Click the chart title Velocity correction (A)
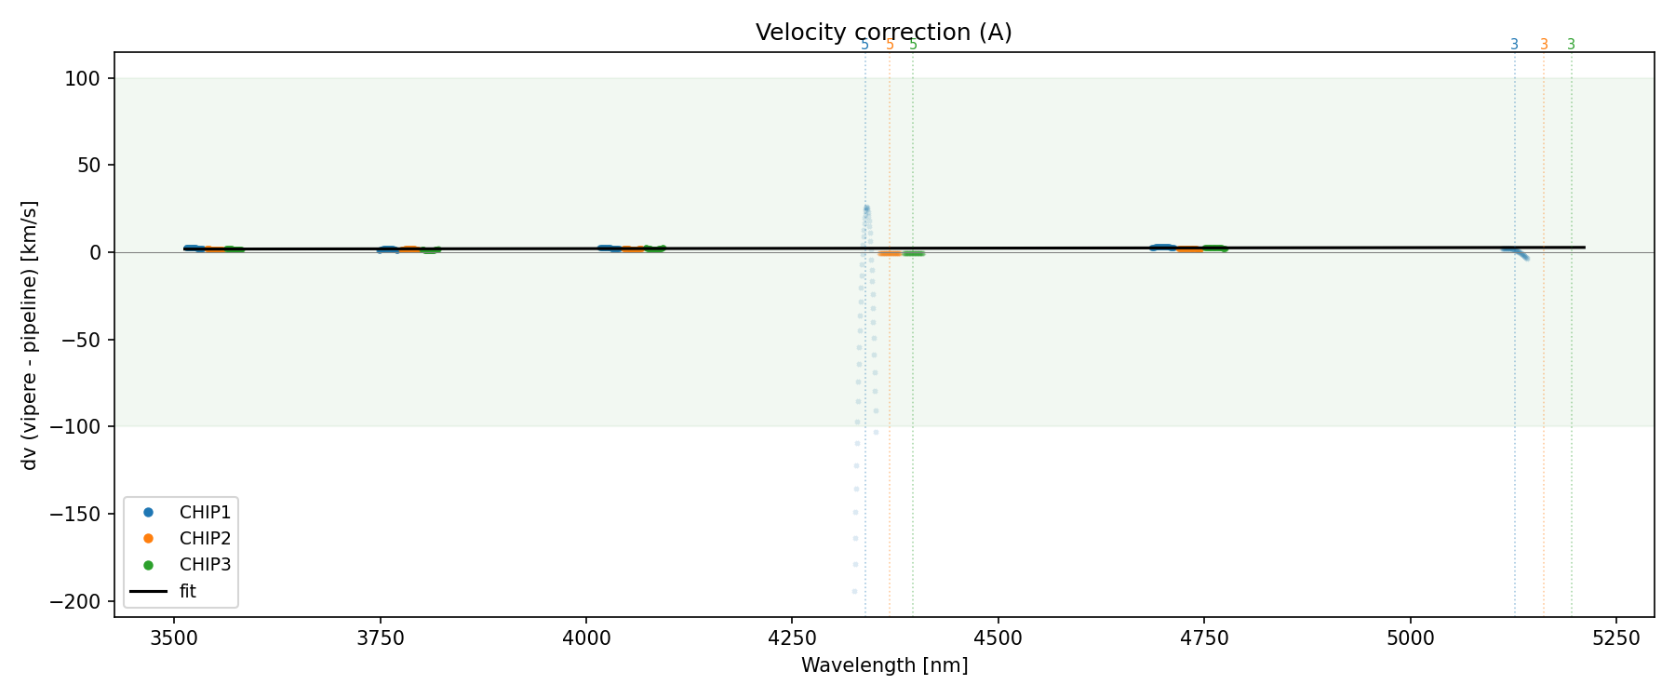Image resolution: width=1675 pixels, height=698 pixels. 883,33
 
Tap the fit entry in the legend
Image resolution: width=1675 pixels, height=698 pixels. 187,591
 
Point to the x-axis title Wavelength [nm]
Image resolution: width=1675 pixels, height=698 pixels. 884,665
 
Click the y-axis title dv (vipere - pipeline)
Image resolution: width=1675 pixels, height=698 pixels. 30,334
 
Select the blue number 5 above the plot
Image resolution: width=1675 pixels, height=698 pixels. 864,45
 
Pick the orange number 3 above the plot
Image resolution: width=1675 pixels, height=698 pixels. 1544,45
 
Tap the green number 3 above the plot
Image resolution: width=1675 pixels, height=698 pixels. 1572,45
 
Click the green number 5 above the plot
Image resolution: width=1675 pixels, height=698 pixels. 913,45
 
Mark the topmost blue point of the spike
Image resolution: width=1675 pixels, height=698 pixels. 866,208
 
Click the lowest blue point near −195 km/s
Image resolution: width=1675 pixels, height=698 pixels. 854,591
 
